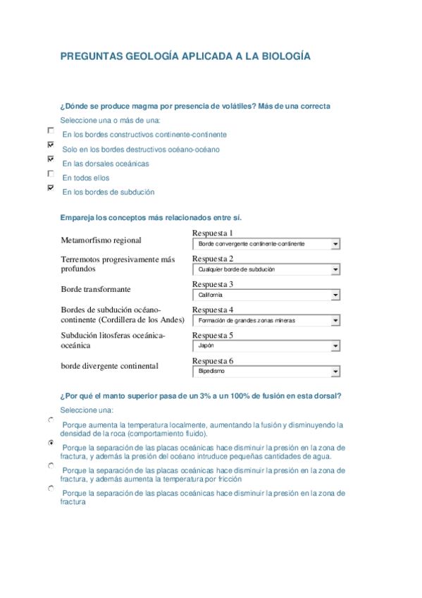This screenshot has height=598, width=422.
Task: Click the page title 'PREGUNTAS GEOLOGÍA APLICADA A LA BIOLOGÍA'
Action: tap(185, 56)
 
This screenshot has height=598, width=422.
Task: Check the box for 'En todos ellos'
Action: tap(50, 173)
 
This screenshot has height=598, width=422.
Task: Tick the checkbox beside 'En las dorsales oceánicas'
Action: tap(50, 159)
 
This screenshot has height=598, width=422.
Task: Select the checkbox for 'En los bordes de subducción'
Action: tap(50, 188)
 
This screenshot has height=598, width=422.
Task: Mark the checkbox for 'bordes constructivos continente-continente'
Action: tap(50, 130)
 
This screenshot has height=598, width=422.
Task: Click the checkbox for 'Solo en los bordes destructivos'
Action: tap(50, 145)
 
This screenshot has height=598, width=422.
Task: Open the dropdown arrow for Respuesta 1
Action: tap(335, 244)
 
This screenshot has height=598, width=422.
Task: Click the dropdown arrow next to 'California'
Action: tap(335, 295)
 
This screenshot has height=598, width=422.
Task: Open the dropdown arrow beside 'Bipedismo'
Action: tap(335, 372)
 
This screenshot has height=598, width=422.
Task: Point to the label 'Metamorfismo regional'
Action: tap(101, 240)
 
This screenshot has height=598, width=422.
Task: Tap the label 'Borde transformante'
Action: tap(96, 289)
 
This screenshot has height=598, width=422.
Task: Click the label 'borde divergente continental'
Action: tap(109, 366)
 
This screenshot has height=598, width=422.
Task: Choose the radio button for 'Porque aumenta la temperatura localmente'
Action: tap(51, 420)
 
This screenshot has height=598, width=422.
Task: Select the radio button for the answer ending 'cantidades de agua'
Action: tap(51, 443)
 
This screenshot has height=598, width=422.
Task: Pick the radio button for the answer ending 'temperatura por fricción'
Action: tap(51, 465)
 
